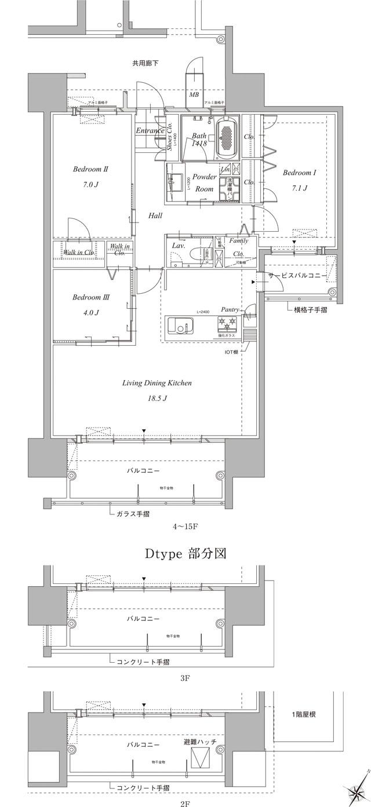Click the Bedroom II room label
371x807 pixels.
(x=91, y=170)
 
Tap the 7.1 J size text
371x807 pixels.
(x=299, y=188)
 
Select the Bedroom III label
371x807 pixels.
(x=91, y=297)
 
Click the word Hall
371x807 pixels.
(x=155, y=216)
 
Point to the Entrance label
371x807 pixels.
(x=150, y=131)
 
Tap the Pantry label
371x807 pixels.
(x=230, y=310)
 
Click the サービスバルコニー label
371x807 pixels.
(x=297, y=276)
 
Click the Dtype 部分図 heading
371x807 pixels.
(x=185, y=553)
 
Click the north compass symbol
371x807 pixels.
(x=355, y=787)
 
